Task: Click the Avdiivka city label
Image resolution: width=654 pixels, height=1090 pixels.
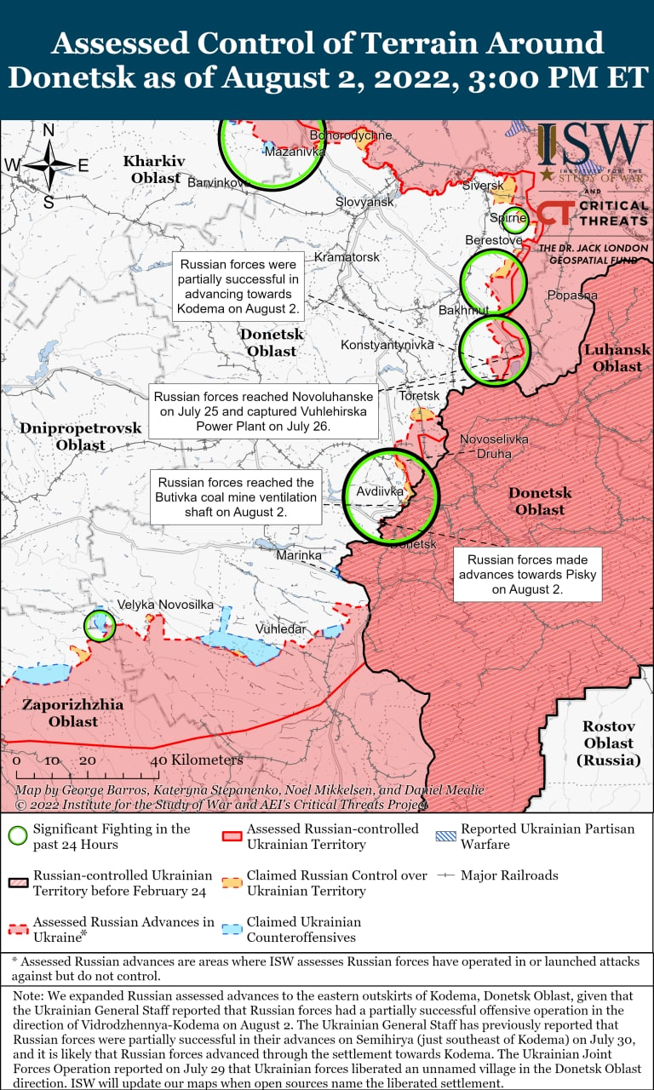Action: (x=379, y=491)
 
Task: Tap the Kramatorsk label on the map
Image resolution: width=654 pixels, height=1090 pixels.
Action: (x=347, y=256)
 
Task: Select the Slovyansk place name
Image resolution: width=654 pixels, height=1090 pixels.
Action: (x=364, y=202)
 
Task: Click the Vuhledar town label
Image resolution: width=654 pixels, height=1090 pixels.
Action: (x=280, y=628)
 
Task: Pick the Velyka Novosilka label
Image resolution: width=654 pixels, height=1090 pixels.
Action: (x=165, y=604)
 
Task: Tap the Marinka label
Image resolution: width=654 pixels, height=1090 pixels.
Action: (x=299, y=555)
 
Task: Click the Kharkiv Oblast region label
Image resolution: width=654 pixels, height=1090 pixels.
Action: (x=153, y=169)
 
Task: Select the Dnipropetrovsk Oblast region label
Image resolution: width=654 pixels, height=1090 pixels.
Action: (x=81, y=436)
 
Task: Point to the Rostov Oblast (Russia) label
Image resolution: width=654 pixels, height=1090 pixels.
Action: (x=608, y=743)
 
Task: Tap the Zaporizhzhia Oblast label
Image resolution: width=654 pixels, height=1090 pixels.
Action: (x=72, y=713)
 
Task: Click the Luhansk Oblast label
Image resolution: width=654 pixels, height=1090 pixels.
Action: (x=617, y=358)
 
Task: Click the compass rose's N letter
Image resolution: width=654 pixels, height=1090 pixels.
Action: (x=49, y=130)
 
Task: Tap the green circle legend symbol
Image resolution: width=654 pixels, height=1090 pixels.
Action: (x=16, y=836)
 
